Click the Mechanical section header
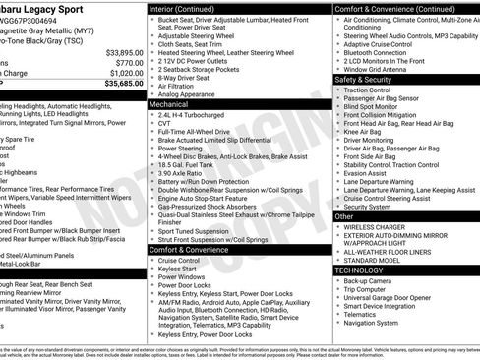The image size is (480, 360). click(169, 102)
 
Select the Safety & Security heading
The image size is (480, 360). click(366, 79)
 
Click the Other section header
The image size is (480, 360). click(345, 215)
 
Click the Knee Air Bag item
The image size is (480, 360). click(366, 131)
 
